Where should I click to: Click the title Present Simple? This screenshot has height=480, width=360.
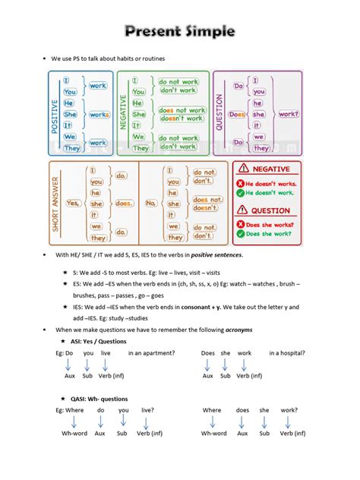(180, 32)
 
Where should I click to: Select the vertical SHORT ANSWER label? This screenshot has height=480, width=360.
(55, 203)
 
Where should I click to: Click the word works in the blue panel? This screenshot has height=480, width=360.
(99, 115)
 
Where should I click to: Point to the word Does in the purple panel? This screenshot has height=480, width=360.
(236, 115)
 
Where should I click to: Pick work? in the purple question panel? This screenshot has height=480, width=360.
(288, 114)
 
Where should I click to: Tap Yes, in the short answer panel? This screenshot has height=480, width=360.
(73, 203)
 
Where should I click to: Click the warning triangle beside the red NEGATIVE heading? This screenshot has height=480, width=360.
(243, 168)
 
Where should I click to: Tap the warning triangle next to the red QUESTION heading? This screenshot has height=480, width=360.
(243, 210)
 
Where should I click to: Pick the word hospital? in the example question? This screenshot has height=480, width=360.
(288, 353)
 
